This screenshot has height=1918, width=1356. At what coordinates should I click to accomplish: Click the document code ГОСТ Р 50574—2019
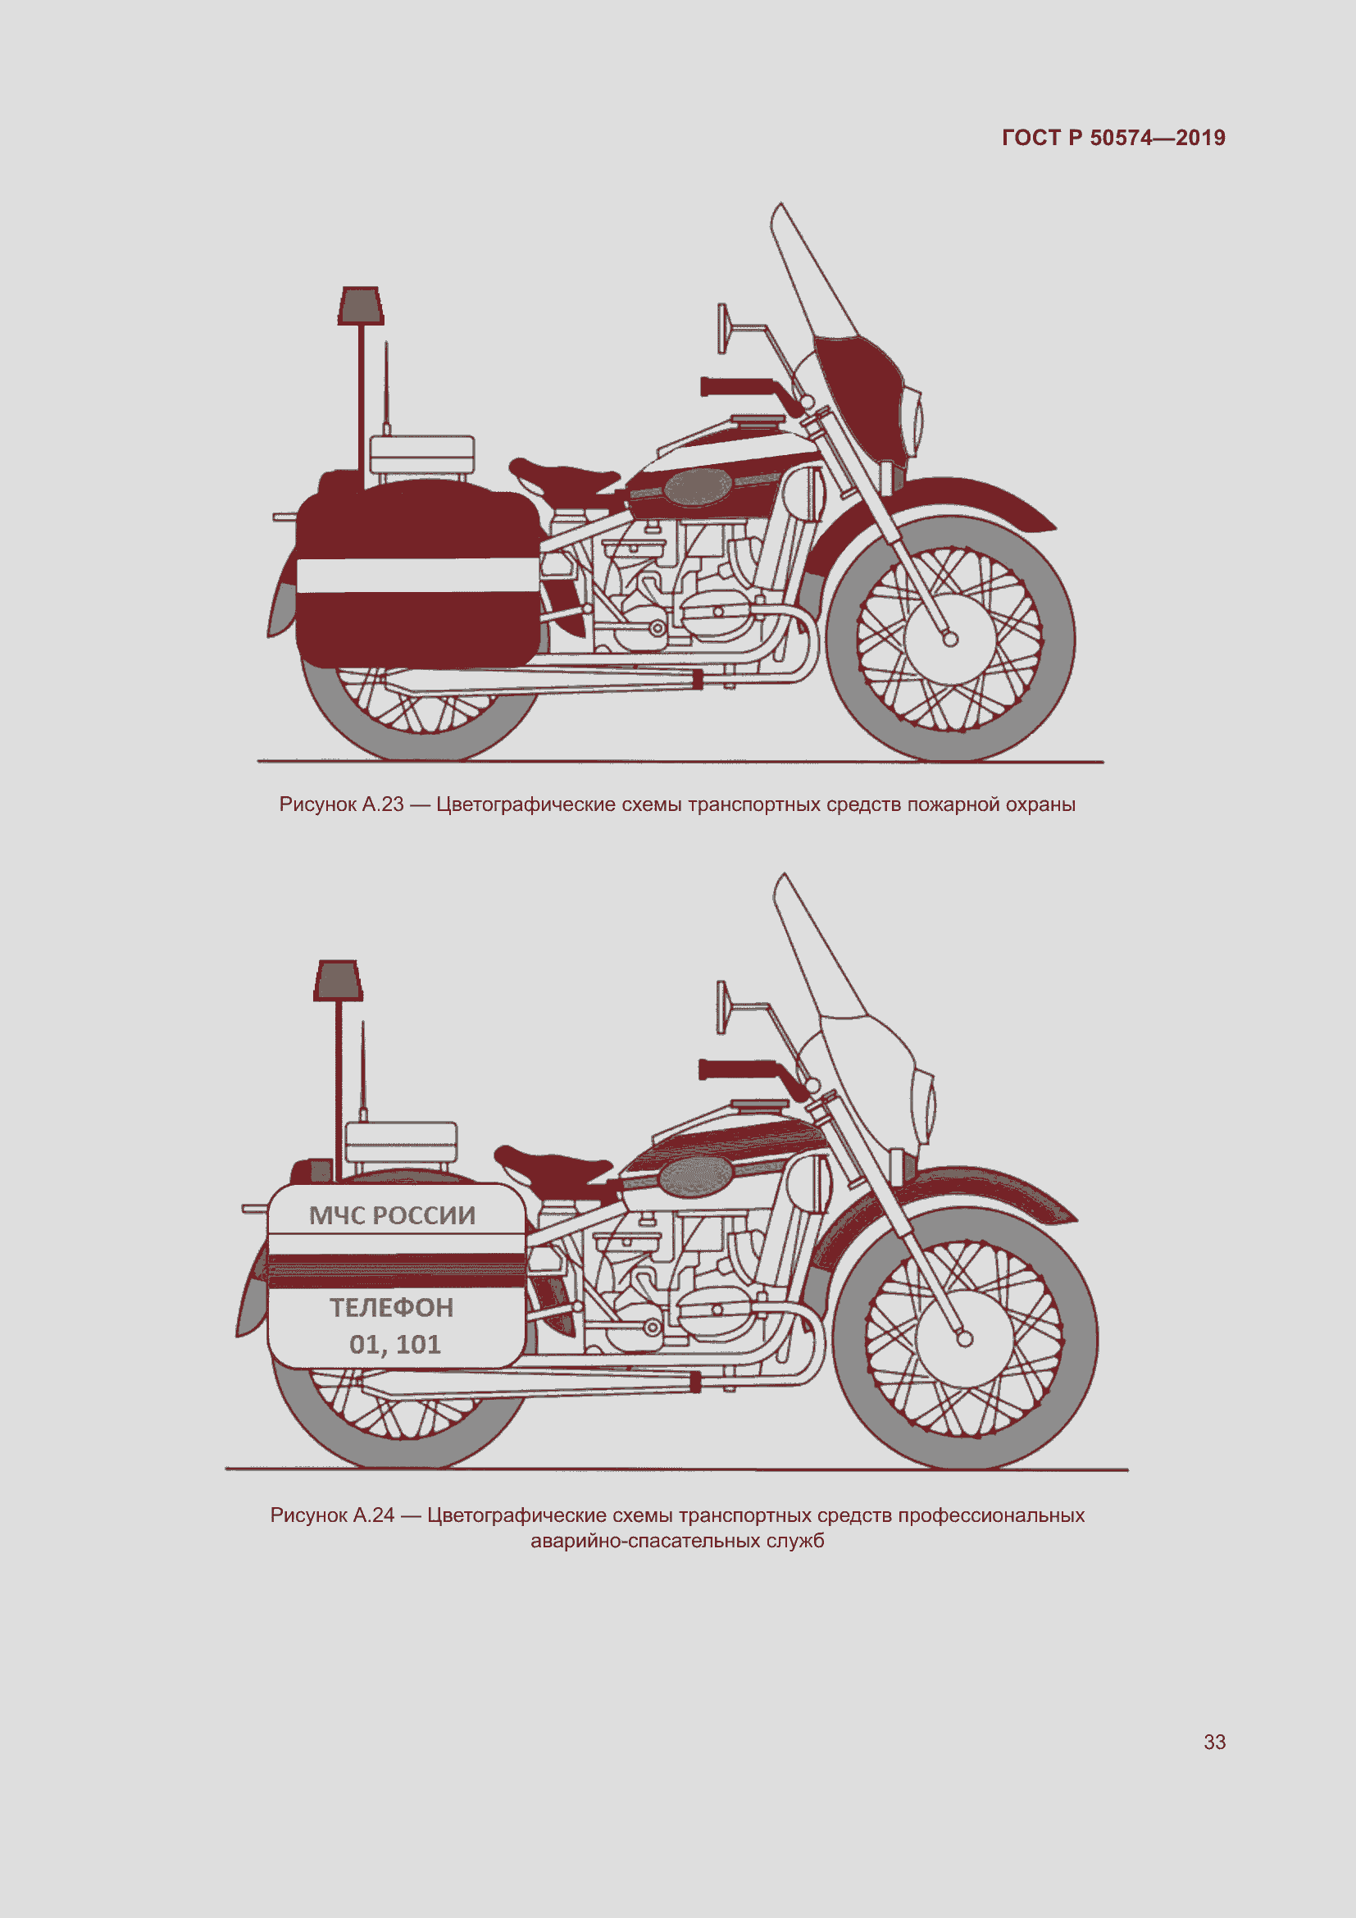click(x=1113, y=138)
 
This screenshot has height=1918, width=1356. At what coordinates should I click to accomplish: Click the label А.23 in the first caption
click(x=383, y=804)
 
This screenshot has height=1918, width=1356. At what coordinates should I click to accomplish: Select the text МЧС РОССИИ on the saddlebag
click(x=393, y=1215)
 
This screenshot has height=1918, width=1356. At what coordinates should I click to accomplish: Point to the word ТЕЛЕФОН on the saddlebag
click(x=392, y=1307)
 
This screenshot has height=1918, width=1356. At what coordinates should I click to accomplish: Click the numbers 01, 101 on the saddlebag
click(x=395, y=1344)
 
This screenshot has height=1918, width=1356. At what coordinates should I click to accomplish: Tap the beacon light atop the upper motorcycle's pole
click(x=361, y=306)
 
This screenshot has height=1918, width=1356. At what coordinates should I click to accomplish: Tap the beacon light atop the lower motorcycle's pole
click(x=338, y=981)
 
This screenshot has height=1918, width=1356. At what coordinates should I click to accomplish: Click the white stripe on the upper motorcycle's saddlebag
click(x=417, y=576)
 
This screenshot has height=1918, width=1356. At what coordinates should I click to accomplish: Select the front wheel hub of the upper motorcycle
click(x=950, y=639)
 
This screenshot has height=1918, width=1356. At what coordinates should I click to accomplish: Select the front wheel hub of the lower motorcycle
click(x=964, y=1339)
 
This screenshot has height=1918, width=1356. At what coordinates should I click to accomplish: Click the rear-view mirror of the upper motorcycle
click(x=722, y=328)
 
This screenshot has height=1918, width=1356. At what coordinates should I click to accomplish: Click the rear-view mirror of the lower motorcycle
click(x=721, y=1007)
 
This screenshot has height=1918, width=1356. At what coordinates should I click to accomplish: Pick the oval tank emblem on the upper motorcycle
click(x=695, y=486)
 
